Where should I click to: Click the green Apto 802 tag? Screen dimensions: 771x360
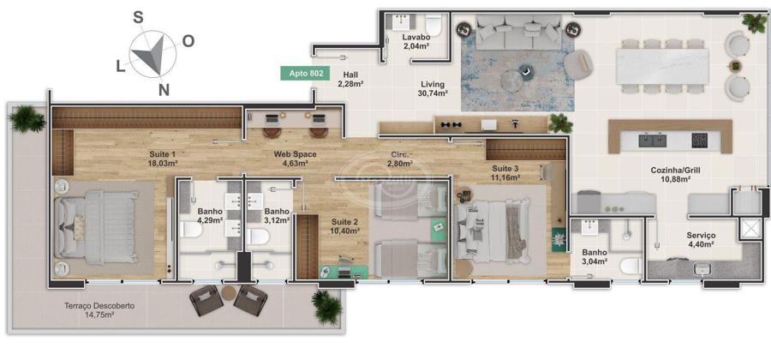305,73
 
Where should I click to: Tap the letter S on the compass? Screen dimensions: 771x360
138,18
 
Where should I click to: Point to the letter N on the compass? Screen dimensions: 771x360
164,89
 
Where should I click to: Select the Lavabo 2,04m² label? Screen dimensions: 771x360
416,42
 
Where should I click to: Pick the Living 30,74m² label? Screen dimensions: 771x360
433,88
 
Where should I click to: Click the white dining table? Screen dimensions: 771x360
662,66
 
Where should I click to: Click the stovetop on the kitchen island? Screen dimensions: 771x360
699,141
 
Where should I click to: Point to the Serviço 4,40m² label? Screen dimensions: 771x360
701,239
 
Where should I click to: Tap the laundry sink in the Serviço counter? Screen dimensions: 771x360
701,268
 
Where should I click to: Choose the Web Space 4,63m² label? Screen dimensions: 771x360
295,159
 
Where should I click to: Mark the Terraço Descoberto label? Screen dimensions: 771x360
99,306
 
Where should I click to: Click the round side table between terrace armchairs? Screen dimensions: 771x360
229,292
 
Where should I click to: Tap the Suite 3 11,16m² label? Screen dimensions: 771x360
505,172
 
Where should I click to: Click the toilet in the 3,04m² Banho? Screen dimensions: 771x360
630,266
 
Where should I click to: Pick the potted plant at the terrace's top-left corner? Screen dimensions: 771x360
27,118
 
